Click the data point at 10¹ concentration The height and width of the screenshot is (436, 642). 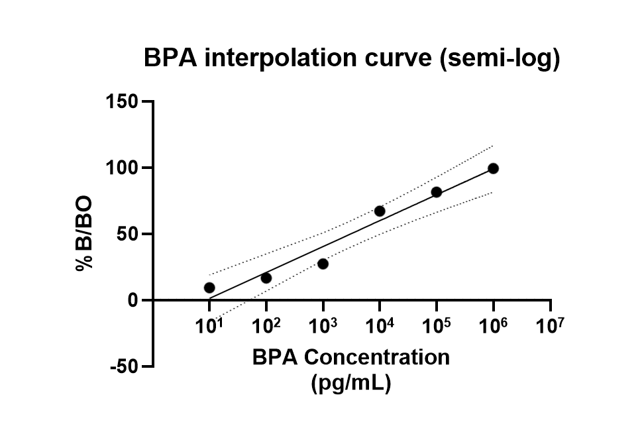point(209,288)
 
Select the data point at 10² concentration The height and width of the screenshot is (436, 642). point(266,278)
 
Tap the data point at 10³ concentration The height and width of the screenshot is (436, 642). point(323,264)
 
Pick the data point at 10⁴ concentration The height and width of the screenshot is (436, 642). point(380,211)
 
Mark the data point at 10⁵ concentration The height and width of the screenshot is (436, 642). point(437,192)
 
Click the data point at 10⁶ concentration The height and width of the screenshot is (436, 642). point(493,168)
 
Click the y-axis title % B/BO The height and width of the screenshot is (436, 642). point(84,233)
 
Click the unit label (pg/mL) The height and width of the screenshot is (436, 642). point(350,383)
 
